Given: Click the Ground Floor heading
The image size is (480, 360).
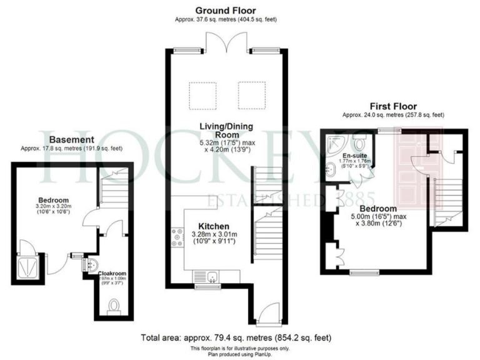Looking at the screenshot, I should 226,10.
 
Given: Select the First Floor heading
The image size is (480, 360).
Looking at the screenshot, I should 392,106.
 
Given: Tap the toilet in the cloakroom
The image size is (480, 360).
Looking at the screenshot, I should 114,304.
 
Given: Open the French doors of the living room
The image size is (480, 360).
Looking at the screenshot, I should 226,44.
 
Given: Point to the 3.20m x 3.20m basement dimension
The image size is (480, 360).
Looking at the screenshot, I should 52,205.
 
